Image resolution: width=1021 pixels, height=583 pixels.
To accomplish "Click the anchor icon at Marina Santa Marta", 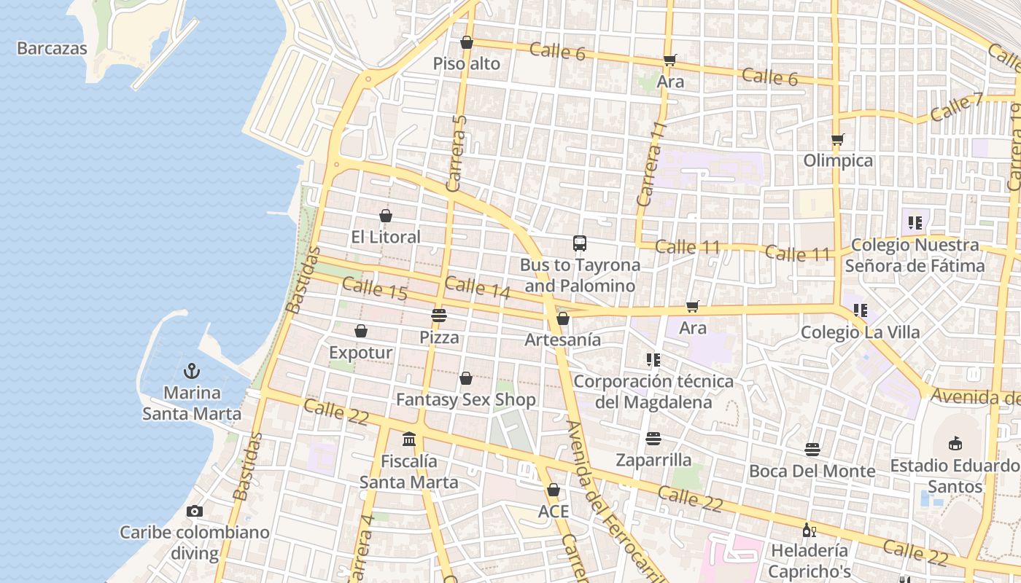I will [191, 371].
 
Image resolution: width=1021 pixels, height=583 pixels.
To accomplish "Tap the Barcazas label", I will [52, 49].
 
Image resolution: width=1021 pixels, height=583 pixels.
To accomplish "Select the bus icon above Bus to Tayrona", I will [580, 243].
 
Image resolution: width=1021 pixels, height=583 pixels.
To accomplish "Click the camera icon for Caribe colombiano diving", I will [194, 511].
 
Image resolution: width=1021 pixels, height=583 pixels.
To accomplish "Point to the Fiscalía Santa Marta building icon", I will [409, 439].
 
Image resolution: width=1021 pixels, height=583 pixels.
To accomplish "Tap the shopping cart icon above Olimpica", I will [838, 138].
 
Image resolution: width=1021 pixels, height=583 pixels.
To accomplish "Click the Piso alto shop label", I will [467, 64].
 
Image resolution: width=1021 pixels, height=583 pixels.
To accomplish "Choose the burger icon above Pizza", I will [438, 316].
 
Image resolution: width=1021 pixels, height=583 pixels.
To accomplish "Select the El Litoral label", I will [386, 237].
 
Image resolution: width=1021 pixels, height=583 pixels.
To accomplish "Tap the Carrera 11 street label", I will [652, 164].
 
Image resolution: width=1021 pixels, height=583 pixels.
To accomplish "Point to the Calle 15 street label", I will [374, 289].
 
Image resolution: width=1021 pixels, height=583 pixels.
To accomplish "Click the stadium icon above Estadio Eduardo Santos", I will [955, 443].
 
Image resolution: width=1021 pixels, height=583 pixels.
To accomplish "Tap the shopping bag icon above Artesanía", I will [562, 318].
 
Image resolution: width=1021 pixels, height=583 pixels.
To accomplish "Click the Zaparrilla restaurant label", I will [653, 460].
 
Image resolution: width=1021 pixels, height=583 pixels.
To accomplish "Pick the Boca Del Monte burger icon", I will [812, 450].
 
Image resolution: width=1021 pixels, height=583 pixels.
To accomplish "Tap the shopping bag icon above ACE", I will [554, 490].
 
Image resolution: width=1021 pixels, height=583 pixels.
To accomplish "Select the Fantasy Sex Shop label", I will [466, 399].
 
